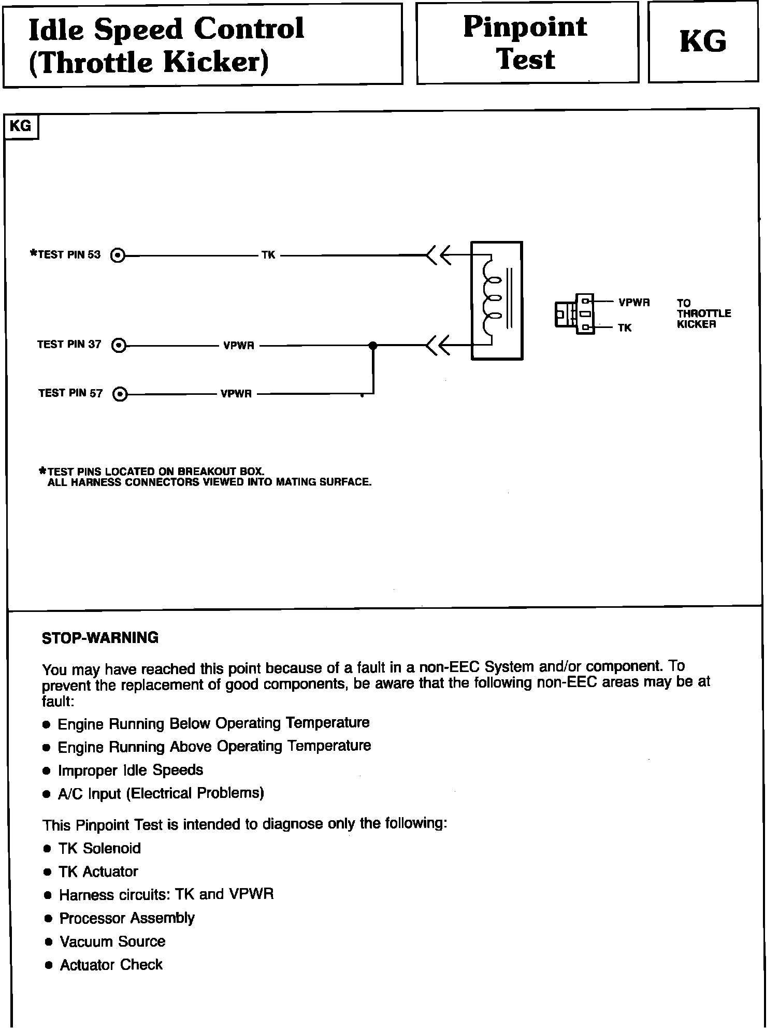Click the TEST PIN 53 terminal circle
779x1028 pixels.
pos(119,255)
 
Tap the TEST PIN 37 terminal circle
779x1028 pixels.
pos(119,345)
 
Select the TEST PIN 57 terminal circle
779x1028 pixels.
pos(120,394)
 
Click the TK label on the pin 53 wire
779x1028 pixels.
pos(268,255)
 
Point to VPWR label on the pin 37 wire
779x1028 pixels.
pos(238,346)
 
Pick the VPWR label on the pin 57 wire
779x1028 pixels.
pos(236,394)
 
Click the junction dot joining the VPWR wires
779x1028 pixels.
pos(372,346)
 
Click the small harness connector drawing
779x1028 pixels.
pos(574,314)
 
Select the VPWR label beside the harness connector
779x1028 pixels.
pos(633,303)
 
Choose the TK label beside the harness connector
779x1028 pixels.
pos(624,328)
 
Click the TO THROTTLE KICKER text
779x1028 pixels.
pos(703,313)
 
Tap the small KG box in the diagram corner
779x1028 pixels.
pos(21,126)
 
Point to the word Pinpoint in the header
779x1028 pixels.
pos(525,27)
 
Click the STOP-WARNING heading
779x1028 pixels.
pos(100,637)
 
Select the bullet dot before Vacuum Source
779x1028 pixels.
pos(49,941)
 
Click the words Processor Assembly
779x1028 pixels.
pos(127,918)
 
